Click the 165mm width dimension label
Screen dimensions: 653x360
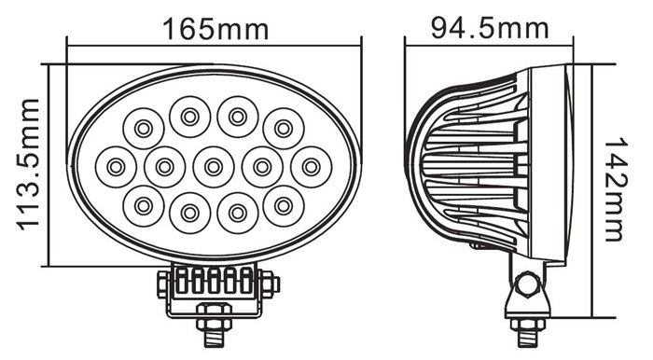[215, 30]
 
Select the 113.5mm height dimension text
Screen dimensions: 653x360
[29, 164]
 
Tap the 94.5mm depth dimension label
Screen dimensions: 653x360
[490, 28]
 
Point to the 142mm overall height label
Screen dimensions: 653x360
[615, 189]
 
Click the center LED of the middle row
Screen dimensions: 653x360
[214, 167]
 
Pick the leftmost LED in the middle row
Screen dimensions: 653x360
[117, 167]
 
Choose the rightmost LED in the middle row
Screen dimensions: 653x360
[311, 167]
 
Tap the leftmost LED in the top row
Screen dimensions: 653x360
[144, 129]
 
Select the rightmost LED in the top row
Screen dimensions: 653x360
[284, 129]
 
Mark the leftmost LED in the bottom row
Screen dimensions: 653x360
[144, 206]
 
